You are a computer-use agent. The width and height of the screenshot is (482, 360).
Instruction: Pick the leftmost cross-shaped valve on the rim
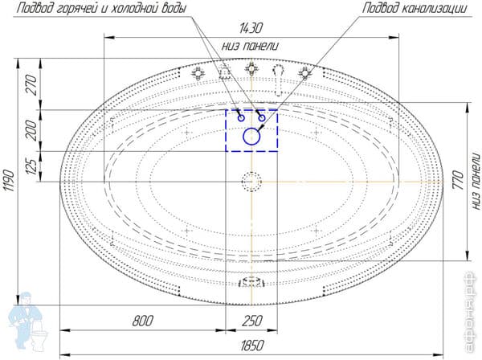click(198, 72)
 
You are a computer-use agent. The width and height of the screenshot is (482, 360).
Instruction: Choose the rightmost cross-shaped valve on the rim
click(304, 73)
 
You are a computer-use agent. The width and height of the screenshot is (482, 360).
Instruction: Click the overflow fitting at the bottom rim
click(252, 282)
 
